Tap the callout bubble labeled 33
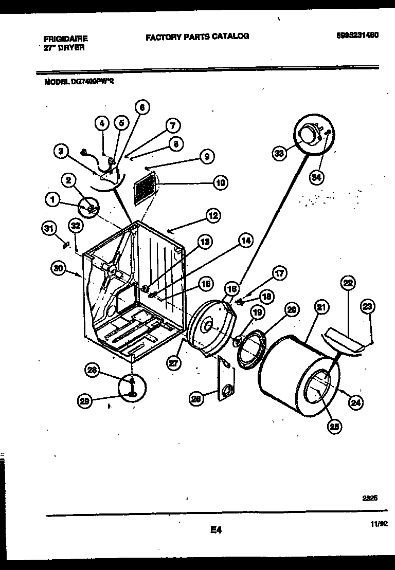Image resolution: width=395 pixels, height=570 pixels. (279, 153)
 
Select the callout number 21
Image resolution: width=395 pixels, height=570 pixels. (321, 308)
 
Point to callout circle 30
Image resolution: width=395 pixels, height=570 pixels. (60, 267)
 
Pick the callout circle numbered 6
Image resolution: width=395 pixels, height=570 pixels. (142, 107)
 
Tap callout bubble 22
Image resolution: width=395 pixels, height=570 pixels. (348, 283)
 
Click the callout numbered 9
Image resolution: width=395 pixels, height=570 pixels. (206, 157)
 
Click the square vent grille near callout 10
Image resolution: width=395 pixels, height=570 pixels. (146, 187)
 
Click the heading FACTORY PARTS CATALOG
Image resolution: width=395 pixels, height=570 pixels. (197, 36)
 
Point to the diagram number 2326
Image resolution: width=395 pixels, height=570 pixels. (369, 498)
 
